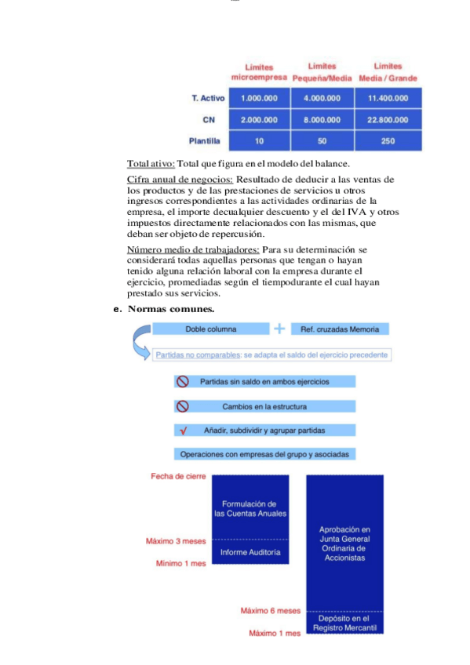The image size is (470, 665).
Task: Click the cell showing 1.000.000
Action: [257, 98]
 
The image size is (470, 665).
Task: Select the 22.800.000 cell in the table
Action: [388, 120]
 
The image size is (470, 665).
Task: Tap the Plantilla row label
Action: [204, 142]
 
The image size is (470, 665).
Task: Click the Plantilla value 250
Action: [388, 142]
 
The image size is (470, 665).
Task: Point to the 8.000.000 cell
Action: [322, 120]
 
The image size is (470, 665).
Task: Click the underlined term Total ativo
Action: [151, 164]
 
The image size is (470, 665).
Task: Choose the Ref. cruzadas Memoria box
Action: [340, 329]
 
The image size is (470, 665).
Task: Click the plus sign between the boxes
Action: [279, 329]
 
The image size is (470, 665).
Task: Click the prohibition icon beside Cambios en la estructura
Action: [183, 406]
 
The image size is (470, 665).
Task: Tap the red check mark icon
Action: [183, 431]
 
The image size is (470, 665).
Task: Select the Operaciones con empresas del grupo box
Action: [265, 454]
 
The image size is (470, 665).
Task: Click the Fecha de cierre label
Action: [178, 477]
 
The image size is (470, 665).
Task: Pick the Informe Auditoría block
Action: [250, 552]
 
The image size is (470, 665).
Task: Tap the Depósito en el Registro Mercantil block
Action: [344, 623]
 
